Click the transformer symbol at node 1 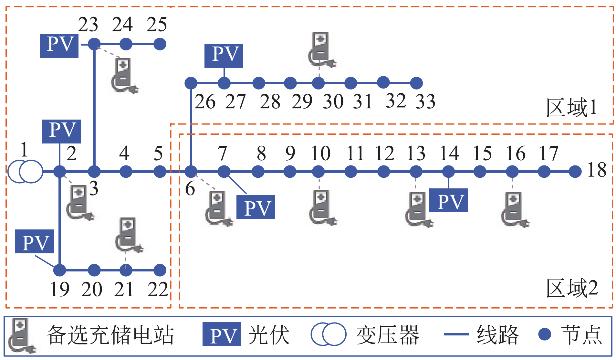pyautogui.click(x=25, y=171)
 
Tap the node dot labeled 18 pyautogui.click(x=575, y=172)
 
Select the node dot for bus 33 pyautogui.click(x=416, y=83)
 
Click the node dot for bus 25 pyautogui.click(x=160, y=44)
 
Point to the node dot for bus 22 pyautogui.click(x=160, y=270)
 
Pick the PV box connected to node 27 pyautogui.click(x=224, y=56)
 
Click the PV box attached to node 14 pyautogui.click(x=448, y=200)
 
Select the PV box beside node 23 pyautogui.click(x=59, y=46)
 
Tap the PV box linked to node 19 pyautogui.click(x=34, y=241)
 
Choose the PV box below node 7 pyautogui.click(x=256, y=207)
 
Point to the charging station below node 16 pyautogui.click(x=514, y=209)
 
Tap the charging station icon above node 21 pyautogui.click(x=128, y=235)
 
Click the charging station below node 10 pyautogui.click(x=322, y=207)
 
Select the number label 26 pyautogui.click(x=205, y=102)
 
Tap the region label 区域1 pyautogui.click(x=571, y=108)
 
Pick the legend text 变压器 pyautogui.click(x=388, y=335)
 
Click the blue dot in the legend pyautogui.click(x=545, y=334)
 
